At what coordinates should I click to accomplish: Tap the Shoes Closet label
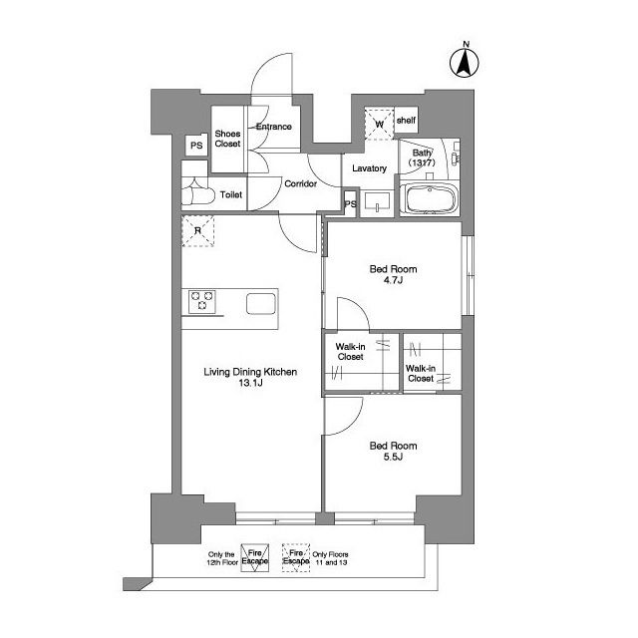227,139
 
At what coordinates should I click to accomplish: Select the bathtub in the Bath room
429,198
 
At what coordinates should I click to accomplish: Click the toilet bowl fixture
198,194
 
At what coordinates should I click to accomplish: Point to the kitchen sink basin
261,303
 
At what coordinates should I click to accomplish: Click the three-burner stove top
201,301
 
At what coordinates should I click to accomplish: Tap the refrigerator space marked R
197,230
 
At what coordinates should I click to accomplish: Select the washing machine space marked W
379,124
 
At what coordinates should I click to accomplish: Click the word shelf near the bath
406,120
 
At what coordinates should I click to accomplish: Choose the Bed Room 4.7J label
393,274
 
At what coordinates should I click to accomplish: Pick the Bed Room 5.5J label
393,451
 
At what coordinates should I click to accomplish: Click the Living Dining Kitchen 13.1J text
250,377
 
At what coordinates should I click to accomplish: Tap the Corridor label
301,183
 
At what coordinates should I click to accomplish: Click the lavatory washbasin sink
377,201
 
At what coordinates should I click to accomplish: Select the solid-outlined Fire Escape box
255,557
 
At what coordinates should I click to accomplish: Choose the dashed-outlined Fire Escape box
296,557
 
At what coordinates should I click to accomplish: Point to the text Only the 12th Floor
222,558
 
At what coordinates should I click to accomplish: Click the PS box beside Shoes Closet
196,146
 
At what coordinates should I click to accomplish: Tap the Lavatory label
370,168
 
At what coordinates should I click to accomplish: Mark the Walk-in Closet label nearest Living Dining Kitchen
350,352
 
